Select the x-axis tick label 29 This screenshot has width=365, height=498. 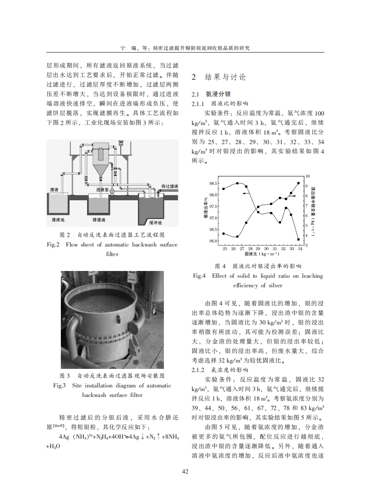point(258,249)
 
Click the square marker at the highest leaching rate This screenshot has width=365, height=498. point(237,183)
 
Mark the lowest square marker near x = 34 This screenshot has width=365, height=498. point(298,239)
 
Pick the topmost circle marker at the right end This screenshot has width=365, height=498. point(298,183)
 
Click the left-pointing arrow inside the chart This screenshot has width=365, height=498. point(245,193)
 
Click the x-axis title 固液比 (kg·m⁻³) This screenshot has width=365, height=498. point(257,256)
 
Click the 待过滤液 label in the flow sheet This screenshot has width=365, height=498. point(169,186)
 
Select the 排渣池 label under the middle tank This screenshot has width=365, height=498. point(99,220)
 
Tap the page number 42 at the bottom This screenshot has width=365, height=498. point(185,472)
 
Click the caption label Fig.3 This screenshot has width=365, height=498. point(60,386)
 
